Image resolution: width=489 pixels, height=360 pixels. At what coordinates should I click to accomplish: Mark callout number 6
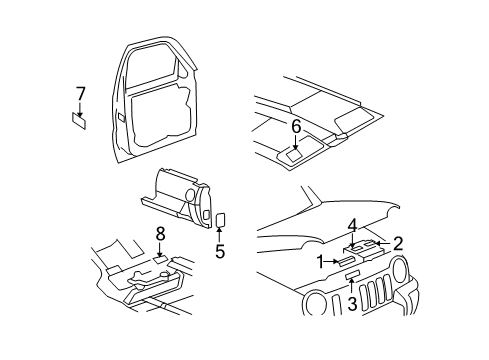pyautogui.click(x=296, y=126)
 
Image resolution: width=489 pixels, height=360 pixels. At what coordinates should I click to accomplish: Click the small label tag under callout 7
pyautogui.click(x=79, y=121)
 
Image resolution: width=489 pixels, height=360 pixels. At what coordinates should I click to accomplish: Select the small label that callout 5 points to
pyautogui.click(x=221, y=219)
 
